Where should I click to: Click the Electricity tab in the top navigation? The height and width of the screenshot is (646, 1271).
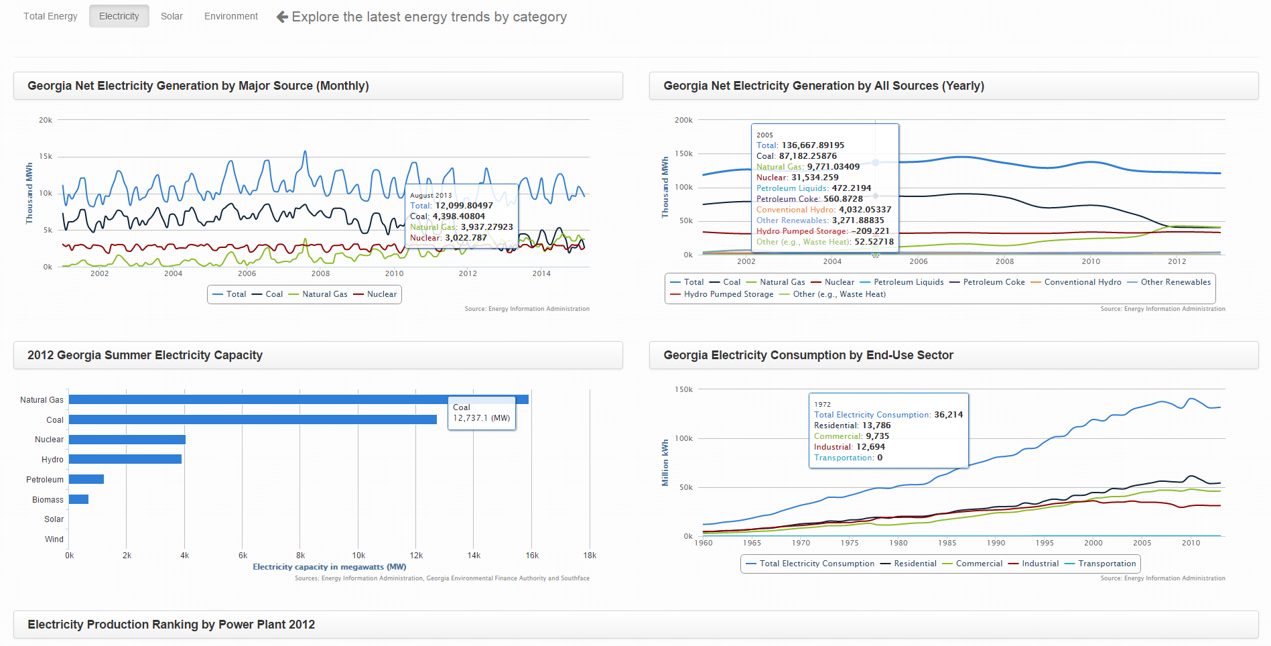[x=119, y=16]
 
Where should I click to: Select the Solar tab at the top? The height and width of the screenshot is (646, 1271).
[x=172, y=16]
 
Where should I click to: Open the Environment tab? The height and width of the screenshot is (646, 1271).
[x=230, y=16]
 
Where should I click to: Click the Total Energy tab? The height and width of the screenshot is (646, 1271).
[x=50, y=16]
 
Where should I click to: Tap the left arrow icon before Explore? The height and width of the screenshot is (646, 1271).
[x=282, y=17]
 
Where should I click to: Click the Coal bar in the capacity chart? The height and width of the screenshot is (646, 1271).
[x=253, y=419]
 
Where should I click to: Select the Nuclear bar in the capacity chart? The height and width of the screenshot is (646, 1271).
[x=127, y=440]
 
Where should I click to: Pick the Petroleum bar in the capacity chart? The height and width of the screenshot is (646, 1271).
[x=86, y=479]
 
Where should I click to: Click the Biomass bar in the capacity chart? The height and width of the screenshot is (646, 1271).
[x=78, y=499]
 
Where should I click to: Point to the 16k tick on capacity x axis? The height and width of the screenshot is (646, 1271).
[x=532, y=556]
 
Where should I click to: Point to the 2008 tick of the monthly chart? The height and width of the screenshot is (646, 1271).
[x=320, y=273]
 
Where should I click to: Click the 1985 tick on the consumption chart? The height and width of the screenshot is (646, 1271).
[x=947, y=543]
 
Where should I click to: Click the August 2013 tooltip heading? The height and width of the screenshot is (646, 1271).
[x=431, y=196]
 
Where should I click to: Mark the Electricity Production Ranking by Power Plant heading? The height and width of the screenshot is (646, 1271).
[x=172, y=625]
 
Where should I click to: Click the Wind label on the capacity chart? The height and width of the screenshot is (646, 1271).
[x=54, y=539]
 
